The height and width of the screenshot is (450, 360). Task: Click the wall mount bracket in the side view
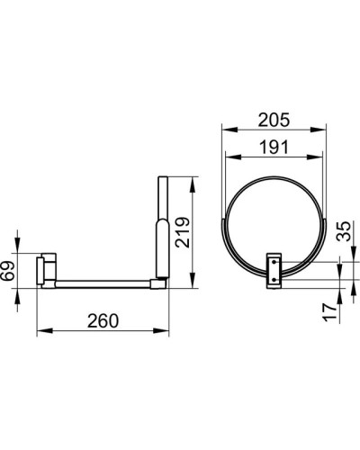click(x=46, y=269)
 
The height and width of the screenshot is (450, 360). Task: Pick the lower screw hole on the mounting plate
click(x=271, y=283)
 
